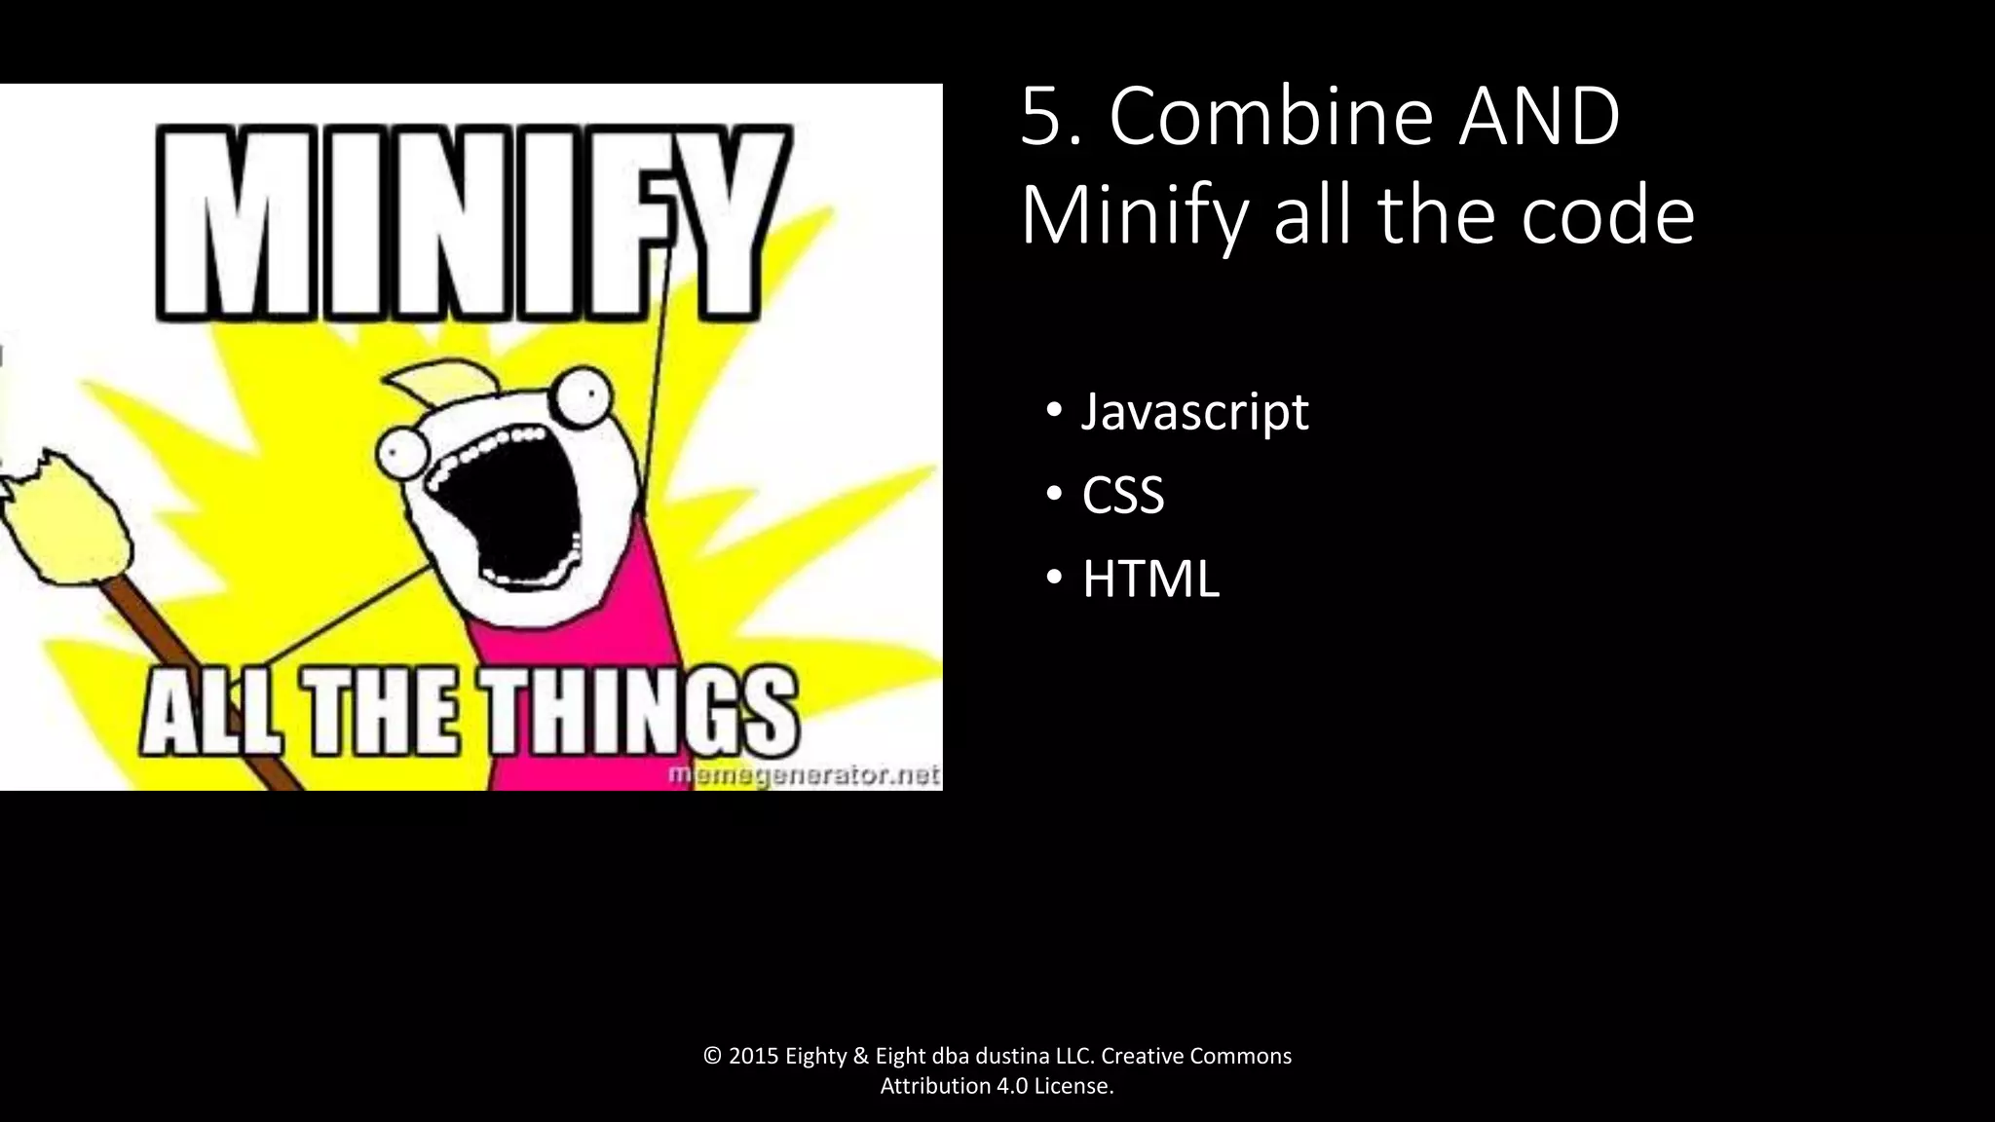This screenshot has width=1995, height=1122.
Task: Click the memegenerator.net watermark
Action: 804,775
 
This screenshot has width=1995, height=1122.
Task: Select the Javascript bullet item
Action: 1194,412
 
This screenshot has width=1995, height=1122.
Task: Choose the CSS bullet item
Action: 1122,495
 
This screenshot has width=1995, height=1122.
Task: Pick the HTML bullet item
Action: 1149,579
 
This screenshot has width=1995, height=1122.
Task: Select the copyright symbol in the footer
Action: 712,1057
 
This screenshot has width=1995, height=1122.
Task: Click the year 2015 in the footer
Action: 753,1057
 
